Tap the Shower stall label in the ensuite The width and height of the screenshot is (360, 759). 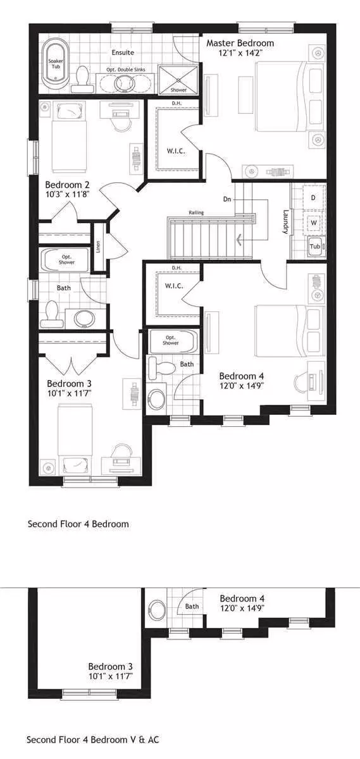[178, 90]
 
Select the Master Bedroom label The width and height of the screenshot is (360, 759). [240, 43]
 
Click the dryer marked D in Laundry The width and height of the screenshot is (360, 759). [314, 197]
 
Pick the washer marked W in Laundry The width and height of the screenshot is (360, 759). [314, 223]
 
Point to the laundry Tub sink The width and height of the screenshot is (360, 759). [316, 247]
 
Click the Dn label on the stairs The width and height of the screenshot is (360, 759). [227, 199]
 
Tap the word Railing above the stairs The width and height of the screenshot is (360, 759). [196, 213]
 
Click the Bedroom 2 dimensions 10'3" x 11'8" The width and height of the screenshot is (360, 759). [68, 195]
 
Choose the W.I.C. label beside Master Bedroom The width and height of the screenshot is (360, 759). [176, 151]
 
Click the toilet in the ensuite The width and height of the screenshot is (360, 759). [82, 80]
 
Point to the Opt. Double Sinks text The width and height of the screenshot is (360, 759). [126, 70]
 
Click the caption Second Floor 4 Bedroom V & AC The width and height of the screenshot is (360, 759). [92, 739]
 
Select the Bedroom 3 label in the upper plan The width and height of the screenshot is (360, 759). [69, 383]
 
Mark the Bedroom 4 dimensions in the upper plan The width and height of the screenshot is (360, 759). [242, 386]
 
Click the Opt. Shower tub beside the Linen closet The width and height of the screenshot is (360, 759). [65, 260]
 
